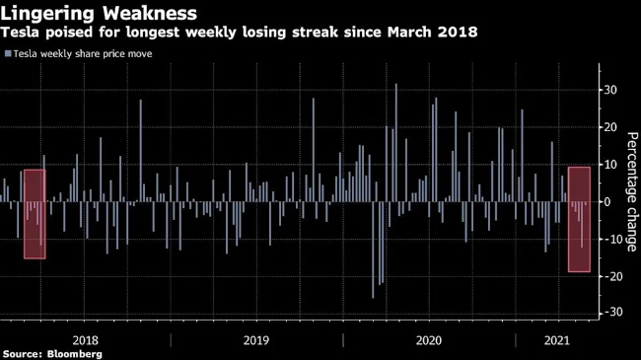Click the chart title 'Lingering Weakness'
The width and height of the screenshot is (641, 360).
[x=99, y=13]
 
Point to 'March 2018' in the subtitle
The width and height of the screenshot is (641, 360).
[x=432, y=32]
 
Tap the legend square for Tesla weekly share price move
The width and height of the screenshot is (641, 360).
[x=8, y=53]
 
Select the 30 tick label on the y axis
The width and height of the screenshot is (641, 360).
[x=610, y=90]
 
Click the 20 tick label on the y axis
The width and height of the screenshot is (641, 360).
[x=610, y=127]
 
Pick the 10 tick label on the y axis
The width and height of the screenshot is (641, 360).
[x=610, y=165]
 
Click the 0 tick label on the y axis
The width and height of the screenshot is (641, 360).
[x=607, y=201]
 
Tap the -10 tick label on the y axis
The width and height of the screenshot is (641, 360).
[x=610, y=239]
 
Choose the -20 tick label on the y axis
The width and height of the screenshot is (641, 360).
[x=610, y=276]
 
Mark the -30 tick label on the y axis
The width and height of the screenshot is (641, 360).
[x=610, y=312]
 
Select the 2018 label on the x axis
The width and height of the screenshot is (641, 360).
[x=86, y=340]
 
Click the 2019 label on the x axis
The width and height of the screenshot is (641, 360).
[x=256, y=340]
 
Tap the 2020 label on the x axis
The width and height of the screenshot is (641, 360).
[x=429, y=340]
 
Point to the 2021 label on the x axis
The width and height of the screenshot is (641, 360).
[x=557, y=340]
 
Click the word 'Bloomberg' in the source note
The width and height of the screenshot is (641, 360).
[x=74, y=354]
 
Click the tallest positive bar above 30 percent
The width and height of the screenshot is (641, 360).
[x=395, y=142]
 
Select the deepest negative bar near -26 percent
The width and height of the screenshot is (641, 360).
[x=373, y=250]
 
